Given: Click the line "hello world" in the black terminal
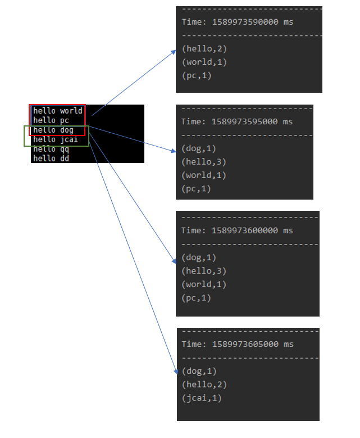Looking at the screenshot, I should tap(58, 111).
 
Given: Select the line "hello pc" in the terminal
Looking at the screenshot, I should tap(52, 120).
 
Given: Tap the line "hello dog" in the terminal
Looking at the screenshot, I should tap(53, 130).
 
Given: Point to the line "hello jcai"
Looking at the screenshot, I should tap(56, 139).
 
